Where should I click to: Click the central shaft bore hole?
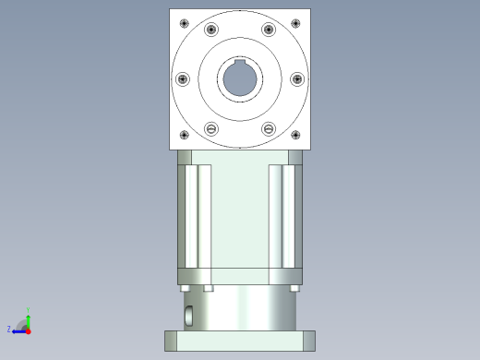click(240, 79)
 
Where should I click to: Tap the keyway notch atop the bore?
click(240, 64)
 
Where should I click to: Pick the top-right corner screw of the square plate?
click(295, 22)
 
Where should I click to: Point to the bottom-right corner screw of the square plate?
click(295, 136)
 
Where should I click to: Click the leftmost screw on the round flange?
click(182, 79)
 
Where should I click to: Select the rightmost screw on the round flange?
click(297, 79)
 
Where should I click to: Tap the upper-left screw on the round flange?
click(211, 30)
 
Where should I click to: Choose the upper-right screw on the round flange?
click(269, 30)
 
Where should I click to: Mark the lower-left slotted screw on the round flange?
click(211, 128)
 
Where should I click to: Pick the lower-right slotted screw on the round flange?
click(269, 128)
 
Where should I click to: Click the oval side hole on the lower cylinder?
click(189, 316)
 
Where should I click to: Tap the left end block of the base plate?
click(170, 341)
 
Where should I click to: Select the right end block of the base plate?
click(309, 341)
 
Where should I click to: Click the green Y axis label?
click(30, 310)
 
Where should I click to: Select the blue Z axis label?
click(9, 329)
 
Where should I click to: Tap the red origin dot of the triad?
click(29, 330)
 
